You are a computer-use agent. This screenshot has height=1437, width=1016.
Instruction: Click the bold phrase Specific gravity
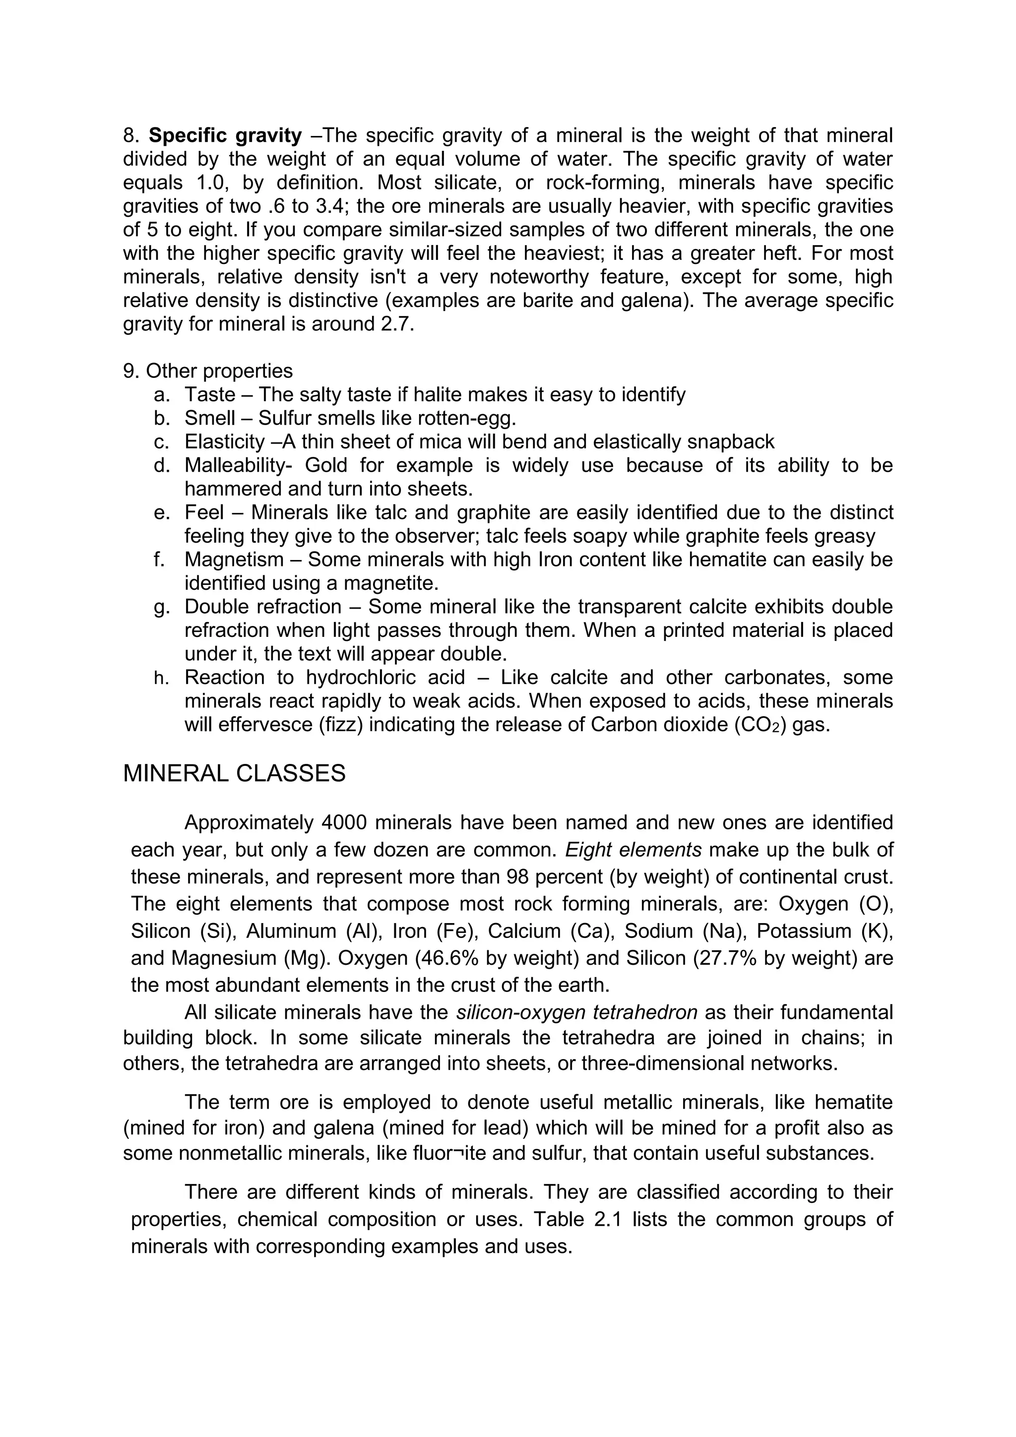coord(225,135)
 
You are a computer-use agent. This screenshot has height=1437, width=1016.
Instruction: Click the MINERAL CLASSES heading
coord(234,774)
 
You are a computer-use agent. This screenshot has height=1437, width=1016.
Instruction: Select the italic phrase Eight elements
coord(633,849)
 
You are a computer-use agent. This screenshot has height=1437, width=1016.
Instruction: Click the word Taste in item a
coord(210,395)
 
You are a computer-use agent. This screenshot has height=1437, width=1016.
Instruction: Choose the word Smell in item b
coord(210,418)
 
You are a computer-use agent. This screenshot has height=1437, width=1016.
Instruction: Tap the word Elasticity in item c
coord(224,442)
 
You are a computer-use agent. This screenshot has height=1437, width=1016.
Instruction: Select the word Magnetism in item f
coord(231,560)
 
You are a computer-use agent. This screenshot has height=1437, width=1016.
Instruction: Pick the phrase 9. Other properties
coord(208,371)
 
